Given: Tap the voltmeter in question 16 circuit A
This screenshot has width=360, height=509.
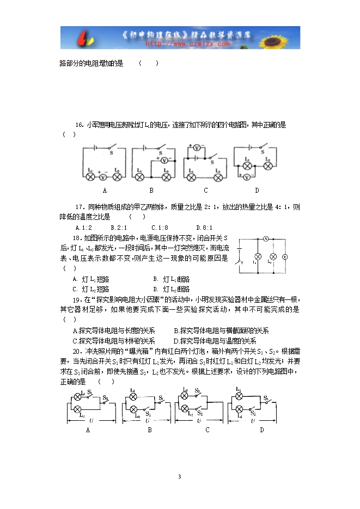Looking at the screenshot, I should [103, 177].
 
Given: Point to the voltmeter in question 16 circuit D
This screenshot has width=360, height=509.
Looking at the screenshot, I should [247, 177].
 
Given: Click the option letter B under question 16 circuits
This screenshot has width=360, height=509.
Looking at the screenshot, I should [151, 191].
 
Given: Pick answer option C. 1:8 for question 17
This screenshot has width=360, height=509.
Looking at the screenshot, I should [160, 228].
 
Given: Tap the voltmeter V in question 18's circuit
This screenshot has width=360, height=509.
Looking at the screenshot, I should [284, 256].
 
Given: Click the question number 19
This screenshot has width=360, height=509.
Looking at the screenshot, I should [77, 299].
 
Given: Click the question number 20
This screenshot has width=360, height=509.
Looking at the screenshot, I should [77, 351].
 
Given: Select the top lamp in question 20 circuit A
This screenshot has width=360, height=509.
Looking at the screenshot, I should [77, 395].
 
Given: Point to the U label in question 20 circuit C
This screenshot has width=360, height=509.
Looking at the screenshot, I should [199, 421].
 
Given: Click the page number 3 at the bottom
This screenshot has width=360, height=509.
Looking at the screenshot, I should [179, 477].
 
